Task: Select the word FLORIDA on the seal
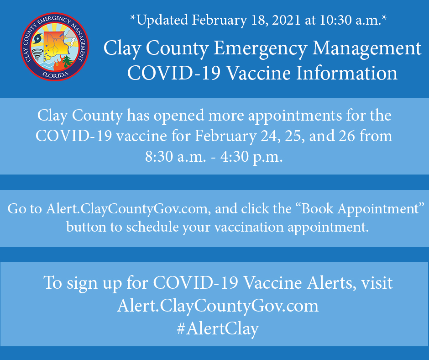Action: pyautogui.click(x=54, y=74)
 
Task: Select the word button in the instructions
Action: pyautogui.click(x=89, y=227)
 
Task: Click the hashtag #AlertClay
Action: pyautogui.click(x=217, y=328)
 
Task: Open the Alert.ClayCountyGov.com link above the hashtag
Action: pyautogui.click(x=217, y=306)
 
